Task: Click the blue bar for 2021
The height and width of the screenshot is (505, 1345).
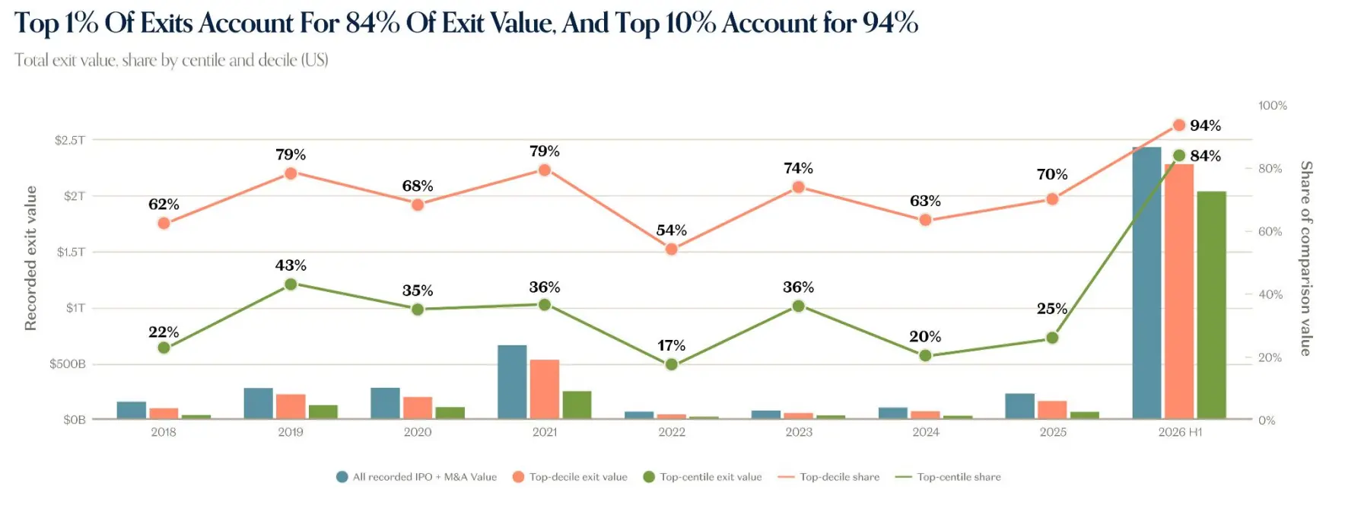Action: pyautogui.click(x=512, y=382)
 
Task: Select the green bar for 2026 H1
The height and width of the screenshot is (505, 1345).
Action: pyautogui.click(x=1211, y=305)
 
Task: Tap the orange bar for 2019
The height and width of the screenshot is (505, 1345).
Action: pyautogui.click(x=291, y=406)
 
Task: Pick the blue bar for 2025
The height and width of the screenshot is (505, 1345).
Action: pyautogui.click(x=1019, y=406)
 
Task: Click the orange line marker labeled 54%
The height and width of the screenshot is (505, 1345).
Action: pyautogui.click(x=671, y=249)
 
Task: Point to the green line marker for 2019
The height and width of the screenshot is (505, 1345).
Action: pyautogui.click(x=291, y=284)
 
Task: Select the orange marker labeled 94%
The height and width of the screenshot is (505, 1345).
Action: pyautogui.click(x=1179, y=125)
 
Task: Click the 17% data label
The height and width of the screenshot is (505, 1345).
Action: pyautogui.click(x=671, y=345)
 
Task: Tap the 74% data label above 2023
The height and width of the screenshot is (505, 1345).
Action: pyautogui.click(x=798, y=168)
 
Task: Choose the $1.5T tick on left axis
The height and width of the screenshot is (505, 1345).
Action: pyautogui.click(x=71, y=252)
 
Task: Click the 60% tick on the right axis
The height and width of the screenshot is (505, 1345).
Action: pyautogui.click(x=1270, y=231)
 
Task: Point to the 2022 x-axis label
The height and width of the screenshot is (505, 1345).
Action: pyautogui.click(x=672, y=432)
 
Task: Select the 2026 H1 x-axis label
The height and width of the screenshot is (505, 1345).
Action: pyautogui.click(x=1180, y=432)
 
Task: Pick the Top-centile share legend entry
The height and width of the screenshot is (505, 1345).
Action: pyautogui.click(x=948, y=477)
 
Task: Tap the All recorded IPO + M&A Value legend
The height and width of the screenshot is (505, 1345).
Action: pyautogui.click(x=416, y=477)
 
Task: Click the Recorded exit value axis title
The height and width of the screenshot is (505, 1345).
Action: pyautogui.click(x=30, y=258)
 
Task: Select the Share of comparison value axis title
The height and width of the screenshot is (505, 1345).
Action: pyautogui.click(x=1306, y=258)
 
